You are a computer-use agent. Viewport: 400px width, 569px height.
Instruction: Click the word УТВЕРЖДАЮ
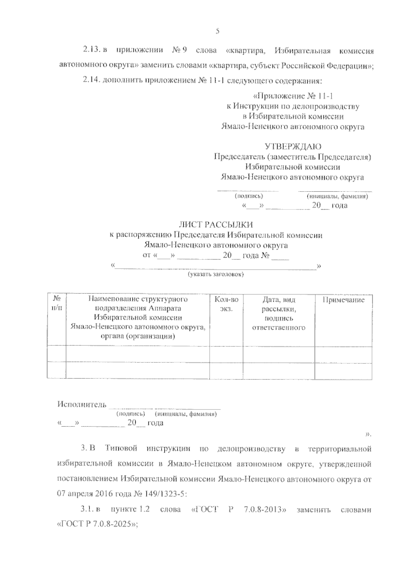coord(293,146)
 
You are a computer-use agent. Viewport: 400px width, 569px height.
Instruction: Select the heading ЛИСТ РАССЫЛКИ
coord(216,225)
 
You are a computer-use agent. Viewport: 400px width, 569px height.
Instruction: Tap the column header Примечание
coord(343,300)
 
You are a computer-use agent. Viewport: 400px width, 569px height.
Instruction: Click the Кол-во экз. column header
coord(227,304)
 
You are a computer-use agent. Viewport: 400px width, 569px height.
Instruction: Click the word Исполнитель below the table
coord(82,404)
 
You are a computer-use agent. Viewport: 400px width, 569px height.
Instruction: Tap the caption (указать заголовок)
coord(216,274)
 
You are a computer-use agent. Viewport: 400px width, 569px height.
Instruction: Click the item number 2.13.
coord(91,50)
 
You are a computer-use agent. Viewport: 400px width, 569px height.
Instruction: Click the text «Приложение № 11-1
coord(293,96)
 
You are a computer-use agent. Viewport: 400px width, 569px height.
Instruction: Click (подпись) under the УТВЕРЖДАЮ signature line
coord(249,196)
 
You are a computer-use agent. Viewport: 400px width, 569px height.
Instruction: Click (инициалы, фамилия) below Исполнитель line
coord(186,414)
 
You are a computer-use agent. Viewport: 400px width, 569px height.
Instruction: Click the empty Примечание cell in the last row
coord(343,370)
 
